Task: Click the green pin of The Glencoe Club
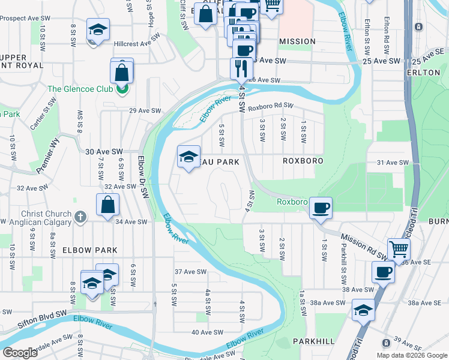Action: [x=122, y=89]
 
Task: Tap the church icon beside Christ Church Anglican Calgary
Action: [x=81, y=215]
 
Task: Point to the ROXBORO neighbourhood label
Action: [x=303, y=161]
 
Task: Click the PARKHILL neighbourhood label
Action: [x=313, y=341]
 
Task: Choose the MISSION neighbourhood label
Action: [x=297, y=41]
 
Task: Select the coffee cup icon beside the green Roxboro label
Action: [x=321, y=208]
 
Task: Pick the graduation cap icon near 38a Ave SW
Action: [x=363, y=310]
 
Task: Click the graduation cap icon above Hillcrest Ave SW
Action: [x=98, y=30]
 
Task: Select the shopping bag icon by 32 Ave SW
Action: [x=107, y=205]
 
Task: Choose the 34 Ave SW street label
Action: [x=131, y=222]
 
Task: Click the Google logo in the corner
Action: [x=20, y=353]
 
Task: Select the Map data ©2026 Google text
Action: [x=411, y=355]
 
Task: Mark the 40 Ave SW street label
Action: [x=203, y=332]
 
